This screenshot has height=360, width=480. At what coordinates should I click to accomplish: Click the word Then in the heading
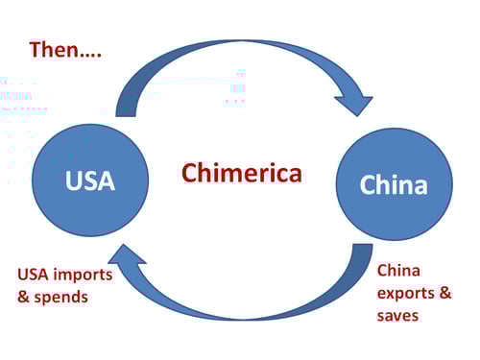click(54, 49)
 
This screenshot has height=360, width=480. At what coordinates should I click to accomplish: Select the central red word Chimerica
click(242, 173)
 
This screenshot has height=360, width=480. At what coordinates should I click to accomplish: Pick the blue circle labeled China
click(394, 184)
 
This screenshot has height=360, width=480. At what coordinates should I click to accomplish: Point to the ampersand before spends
click(24, 297)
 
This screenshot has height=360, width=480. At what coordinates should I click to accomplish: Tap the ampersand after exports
click(444, 293)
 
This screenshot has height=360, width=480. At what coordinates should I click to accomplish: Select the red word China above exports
click(398, 271)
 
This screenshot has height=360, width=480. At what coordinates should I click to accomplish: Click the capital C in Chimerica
click(190, 173)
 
